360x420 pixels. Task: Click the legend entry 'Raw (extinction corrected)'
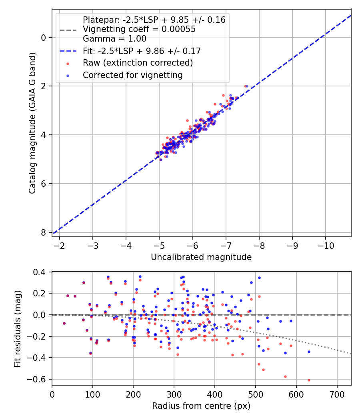coord(138,63)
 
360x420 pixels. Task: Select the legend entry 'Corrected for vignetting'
coord(132,75)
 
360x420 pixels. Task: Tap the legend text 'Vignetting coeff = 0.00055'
coord(139,29)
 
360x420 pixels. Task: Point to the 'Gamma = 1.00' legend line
coord(114,39)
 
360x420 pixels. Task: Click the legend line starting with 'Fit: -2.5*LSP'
coord(142,51)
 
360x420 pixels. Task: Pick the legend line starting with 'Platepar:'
coord(154,20)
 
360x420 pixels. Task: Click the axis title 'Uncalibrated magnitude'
coord(201,257)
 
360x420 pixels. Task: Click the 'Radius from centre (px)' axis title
coord(201,406)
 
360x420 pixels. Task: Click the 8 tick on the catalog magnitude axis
coord(44,232)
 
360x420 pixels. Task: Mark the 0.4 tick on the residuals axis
coord(43,272)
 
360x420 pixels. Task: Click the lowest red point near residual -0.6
coord(309,380)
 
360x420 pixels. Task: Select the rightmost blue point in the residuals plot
coord(309,352)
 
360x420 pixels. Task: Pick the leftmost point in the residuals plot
coord(64,323)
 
